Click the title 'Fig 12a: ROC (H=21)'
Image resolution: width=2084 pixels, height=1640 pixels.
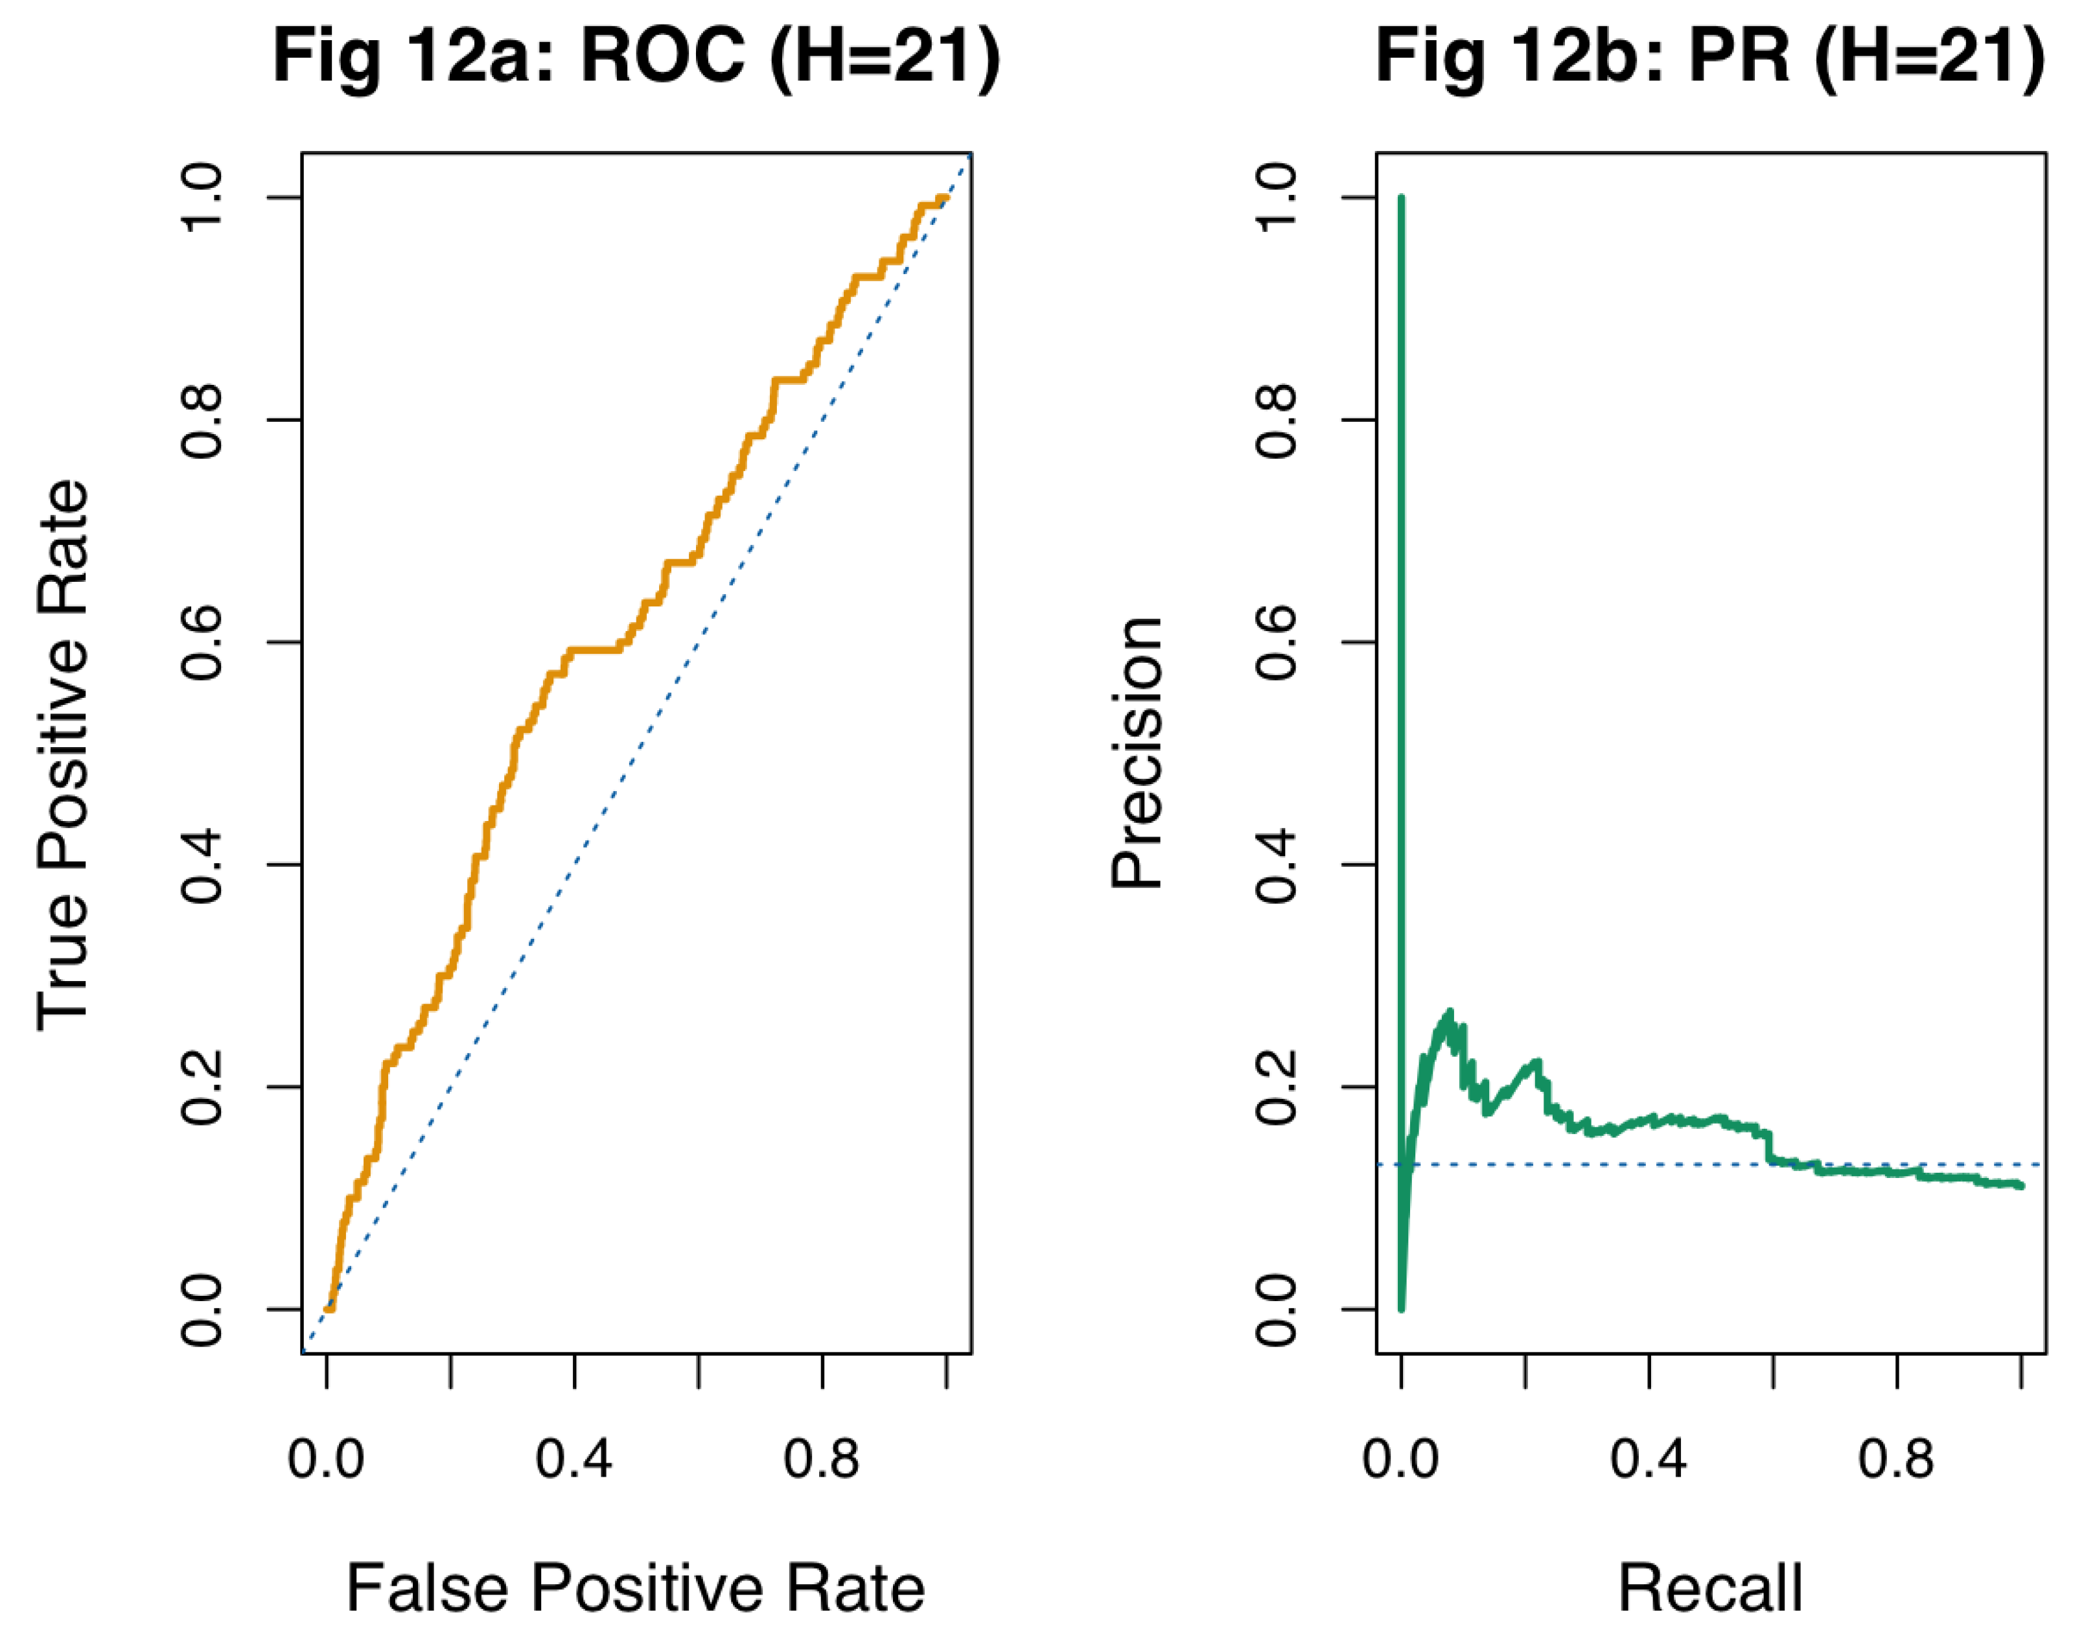pos(636,58)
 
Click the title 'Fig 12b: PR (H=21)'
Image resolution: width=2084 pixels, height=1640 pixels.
pos(1710,58)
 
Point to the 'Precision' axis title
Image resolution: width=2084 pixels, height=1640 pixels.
pos(1137,754)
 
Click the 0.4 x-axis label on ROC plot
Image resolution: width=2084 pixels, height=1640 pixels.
pos(573,1459)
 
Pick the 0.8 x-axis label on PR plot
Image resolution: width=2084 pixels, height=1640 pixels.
pos(1896,1459)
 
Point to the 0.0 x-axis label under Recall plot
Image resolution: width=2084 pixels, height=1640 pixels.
pos(1400,1459)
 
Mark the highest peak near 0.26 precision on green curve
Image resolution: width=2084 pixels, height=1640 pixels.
pos(1449,1012)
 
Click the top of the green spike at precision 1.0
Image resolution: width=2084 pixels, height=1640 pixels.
pos(1401,199)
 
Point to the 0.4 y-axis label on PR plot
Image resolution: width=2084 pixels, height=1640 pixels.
pos(1277,864)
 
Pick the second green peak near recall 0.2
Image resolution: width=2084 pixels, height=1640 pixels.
pos(1536,1062)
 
